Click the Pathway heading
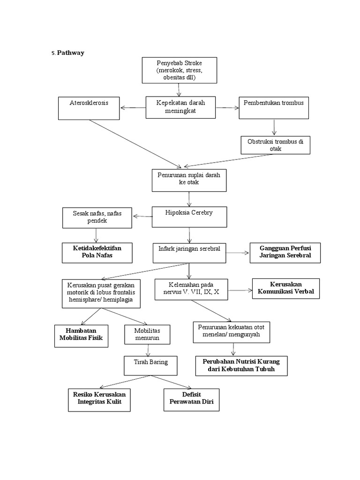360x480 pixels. [70, 52]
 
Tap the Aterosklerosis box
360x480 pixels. [89, 108]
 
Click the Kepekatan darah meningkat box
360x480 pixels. [180, 108]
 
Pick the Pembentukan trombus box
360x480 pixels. [274, 108]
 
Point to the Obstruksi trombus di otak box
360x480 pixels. [275, 145]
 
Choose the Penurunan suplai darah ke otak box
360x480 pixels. [189, 180]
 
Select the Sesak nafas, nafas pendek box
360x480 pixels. [97, 217]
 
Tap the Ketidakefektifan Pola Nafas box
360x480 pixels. [97, 252]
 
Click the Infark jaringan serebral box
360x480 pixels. [189, 253]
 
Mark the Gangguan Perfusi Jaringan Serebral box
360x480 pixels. [280, 253]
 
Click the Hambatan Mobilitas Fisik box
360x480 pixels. [81, 336]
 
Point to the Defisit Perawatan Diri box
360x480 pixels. [191, 399]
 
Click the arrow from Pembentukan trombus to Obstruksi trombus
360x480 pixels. [274, 127]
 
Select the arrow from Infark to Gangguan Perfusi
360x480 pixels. [238, 253]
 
